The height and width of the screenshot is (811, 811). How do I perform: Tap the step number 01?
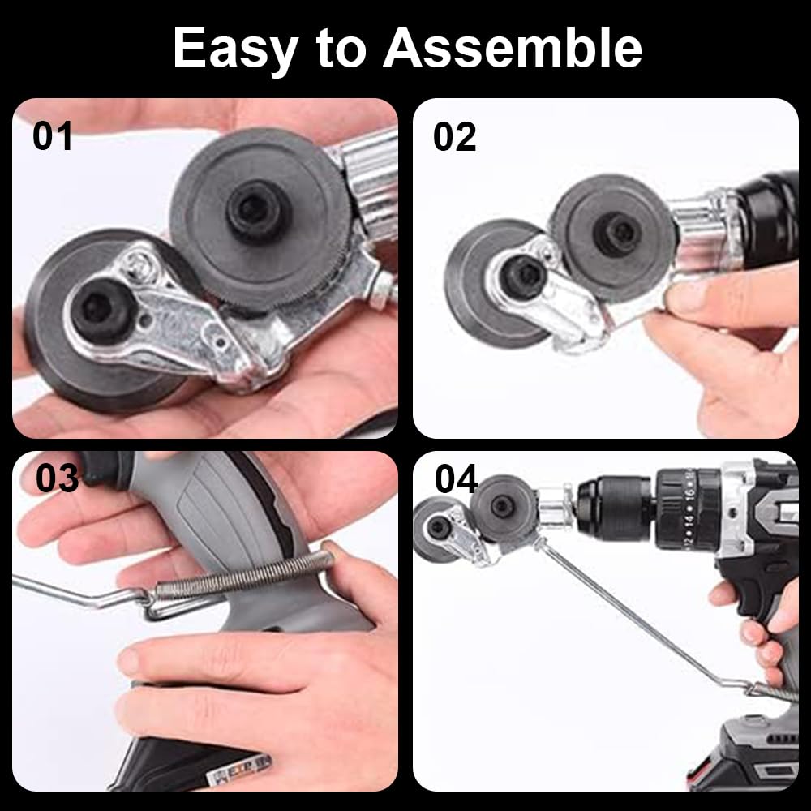coord(52,136)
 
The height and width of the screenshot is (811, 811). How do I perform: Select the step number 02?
coord(454,138)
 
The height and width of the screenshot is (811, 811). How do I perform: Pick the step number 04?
coord(456,479)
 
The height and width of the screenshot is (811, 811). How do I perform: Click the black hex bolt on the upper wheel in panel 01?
coord(254,209)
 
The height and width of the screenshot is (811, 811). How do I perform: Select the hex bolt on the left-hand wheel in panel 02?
coord(523,275)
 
